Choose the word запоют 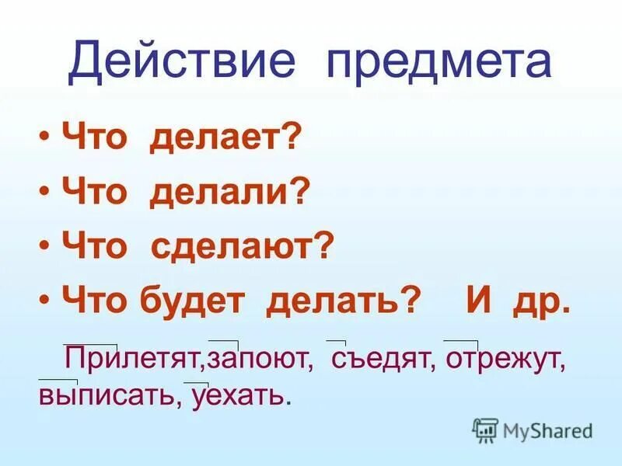tap(260, 359)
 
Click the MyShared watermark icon tap(485, 429)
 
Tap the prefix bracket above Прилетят tap(91, 343)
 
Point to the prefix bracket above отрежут tap(460, 341)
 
